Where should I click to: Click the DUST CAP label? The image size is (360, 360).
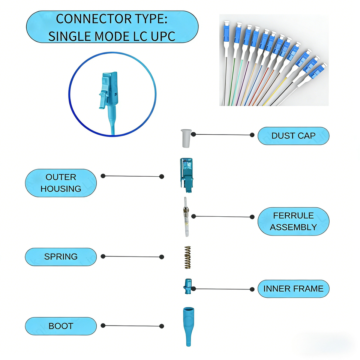(x=293, y=136)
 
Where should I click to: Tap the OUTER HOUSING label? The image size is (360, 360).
(x=61, y=183)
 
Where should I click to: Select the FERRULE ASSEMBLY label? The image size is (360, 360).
(x=293, y=221)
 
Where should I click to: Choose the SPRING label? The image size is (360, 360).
(x=61, y=257)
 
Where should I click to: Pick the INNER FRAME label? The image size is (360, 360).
(x=293, y=289)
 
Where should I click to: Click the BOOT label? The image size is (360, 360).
(x=61, y=326)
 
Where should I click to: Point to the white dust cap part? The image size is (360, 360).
(x=184, y=138)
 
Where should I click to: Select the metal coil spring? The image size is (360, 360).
(x=187, y=257)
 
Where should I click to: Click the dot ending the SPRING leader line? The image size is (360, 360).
(x=162, y=257)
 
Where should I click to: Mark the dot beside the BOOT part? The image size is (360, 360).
(x=162, y=326)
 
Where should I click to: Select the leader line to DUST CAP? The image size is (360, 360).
(x=223, y=135)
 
